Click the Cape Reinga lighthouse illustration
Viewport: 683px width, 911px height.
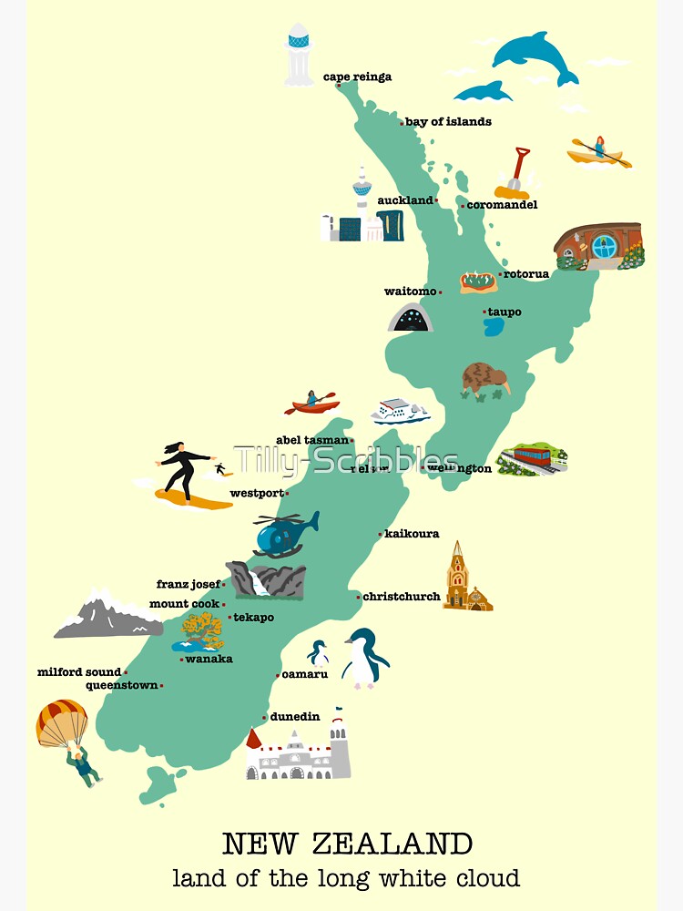point(298,54)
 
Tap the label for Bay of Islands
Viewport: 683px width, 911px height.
point(448,122)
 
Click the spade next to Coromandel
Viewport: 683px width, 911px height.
point(516,174)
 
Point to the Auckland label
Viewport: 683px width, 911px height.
point(405,200)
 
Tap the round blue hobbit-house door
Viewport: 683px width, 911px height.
point(604,245)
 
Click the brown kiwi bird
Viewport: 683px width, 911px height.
point(483,379)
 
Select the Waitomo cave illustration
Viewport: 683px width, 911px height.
point(410,317)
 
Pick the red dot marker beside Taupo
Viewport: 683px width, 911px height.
point(484,312)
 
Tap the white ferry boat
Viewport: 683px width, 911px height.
point(400,412)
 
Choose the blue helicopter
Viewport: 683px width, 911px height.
point(284,534)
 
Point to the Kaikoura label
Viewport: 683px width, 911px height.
point(413,534)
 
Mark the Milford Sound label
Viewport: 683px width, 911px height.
point(79,672)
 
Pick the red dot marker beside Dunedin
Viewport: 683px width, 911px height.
point(266,717)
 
